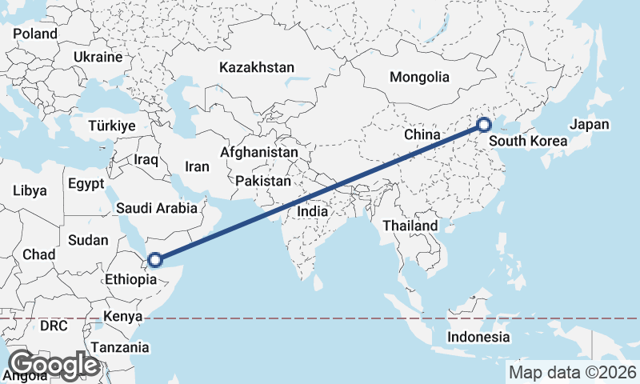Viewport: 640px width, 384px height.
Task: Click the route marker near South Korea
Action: pyautogui.click(x=483, y=124)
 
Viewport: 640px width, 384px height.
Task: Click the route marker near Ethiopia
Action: pyautogui.click(x=155, y=259)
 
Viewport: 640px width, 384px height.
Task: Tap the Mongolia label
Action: pyautogui.click(x=419, y=78)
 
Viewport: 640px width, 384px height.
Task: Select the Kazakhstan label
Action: pyautogui.click(x=258, y=67)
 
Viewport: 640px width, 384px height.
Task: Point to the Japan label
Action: pyautogui.click(x=590, y=125)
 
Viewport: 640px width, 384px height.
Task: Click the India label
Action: pyautogui.click(x=312, y=211)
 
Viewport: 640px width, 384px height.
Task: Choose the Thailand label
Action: pyautogui.click(x=410, y=226)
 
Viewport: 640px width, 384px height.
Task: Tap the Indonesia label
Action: pyautogui.click(x=478, y=337)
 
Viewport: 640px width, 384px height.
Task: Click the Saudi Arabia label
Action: pyautogui.click(x=157, y=208)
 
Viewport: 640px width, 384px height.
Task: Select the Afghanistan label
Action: pyautogui.click(x=259, y=152)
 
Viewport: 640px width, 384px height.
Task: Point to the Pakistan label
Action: pyautogui.click(x=263, y=182)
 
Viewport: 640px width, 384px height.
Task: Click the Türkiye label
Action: pyautogui.click(x=112, y=126)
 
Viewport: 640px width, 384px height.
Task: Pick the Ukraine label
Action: pyautogui.click(x=98, y=58)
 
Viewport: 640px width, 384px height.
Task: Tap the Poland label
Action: pyautogui.click(x=35, y=34)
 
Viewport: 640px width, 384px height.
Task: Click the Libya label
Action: pyautogui.click(x=30, y=191)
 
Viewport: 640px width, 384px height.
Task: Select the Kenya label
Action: pyautogui.click(x=122, y=317)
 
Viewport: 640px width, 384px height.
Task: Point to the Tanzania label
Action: pyautogui.click(x=120, y=347)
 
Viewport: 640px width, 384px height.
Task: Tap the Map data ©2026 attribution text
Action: pyautogui.click(x=572, y=372)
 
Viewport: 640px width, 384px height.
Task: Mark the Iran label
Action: pyautogui.click(x=197, y=166)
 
